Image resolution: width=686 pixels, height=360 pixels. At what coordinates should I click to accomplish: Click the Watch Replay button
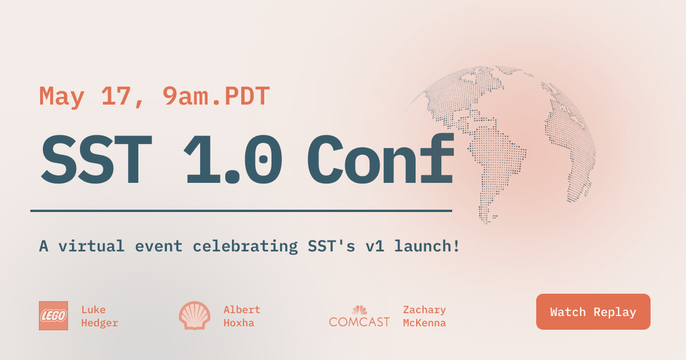click(x=593, y=312)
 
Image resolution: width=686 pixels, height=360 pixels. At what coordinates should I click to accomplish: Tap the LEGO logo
click(x=53, y=315)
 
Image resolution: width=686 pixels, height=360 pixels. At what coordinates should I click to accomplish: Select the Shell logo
click(x=194, y=315)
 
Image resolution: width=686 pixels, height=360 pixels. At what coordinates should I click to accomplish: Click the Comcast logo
click(x=359, y=317)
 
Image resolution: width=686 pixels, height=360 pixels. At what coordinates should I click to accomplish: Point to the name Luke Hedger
click(x=99, y=317)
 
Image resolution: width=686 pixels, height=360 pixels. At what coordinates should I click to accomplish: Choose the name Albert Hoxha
click(x=241, y=317)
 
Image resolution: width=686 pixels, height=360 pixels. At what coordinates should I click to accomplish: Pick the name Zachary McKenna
click(x=424, y=317)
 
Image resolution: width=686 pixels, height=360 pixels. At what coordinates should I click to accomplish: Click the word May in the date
click(x=62, y=97)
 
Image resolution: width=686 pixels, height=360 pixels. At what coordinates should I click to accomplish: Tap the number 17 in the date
click(x=117, y=97)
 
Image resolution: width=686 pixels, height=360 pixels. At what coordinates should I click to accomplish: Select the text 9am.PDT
click(x=216, y=97)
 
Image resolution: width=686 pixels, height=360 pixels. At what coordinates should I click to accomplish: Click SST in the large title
click(x=96, y=160)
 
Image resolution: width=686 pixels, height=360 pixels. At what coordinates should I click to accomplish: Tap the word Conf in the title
click(x=380, y=160)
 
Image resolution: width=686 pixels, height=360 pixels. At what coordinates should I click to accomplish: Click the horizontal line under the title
click(x=241, y=211)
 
